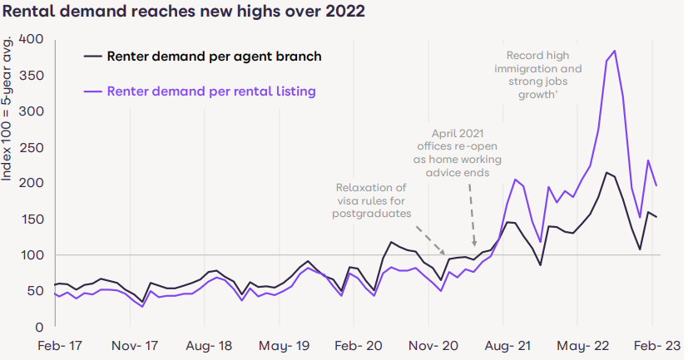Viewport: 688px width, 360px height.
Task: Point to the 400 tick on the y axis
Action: point(31,39)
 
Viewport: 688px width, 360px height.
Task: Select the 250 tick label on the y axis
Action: point(31,147)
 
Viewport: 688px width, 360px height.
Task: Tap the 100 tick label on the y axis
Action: point(31,254)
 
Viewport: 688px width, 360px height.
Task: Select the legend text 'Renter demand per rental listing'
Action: point(211,91)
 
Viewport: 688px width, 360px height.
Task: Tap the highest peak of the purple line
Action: point(614,51)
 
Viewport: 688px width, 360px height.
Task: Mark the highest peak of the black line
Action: point(607,172)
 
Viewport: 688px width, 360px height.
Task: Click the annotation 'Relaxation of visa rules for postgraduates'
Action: point(371,200)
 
